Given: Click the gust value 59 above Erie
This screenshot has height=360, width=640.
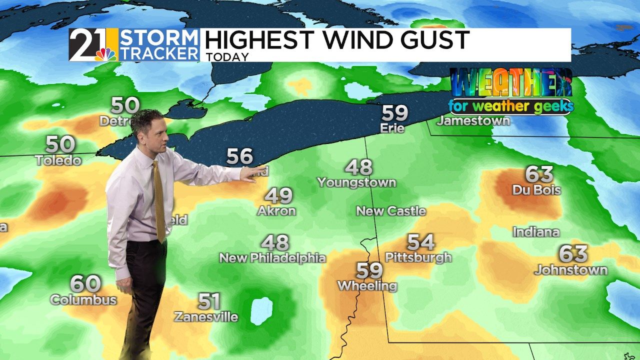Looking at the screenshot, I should pos(394,113).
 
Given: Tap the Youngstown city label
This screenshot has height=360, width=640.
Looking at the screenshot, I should pos(356,182).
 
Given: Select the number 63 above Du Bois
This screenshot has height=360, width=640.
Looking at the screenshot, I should pos(539,174).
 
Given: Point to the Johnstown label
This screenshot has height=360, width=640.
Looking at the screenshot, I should pos(571,270).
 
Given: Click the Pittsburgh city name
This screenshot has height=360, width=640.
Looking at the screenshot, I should pos(418,257).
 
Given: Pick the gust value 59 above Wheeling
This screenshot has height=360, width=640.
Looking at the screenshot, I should pos(369,271).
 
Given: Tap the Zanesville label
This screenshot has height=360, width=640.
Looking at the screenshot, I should pos(206,316).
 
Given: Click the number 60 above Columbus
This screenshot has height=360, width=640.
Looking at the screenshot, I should pos(85,284).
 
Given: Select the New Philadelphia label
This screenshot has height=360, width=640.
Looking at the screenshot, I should pos(272,258).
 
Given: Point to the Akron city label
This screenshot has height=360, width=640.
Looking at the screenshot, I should pos(276,211).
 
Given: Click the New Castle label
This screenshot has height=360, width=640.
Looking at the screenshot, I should pos(391,211).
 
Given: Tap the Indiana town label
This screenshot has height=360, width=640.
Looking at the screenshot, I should pos(536,232).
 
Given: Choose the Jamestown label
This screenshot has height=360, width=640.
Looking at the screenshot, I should pos(473,120).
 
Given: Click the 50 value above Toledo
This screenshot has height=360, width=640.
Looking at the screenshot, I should pos(60,144).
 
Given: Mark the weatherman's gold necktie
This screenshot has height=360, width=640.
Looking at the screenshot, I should pos(158,200).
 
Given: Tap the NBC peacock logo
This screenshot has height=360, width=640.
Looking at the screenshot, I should pos(105,53).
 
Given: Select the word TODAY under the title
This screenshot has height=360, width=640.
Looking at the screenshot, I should pos(227,57).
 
